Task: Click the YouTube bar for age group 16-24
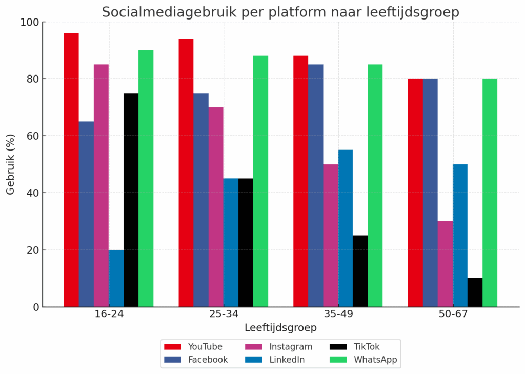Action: tap(71, 170)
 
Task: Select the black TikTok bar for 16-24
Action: tap(131, 200)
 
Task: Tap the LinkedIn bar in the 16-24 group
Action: tap(116, 278)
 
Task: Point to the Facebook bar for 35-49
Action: tap(316, 185)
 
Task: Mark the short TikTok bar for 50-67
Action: tap(475, 293)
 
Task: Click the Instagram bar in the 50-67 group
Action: tap(445, 264)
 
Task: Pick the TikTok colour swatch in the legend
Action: tap(338, 346)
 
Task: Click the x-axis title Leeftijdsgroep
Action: tap(280, 327)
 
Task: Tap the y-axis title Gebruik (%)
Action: tap(11, 164)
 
